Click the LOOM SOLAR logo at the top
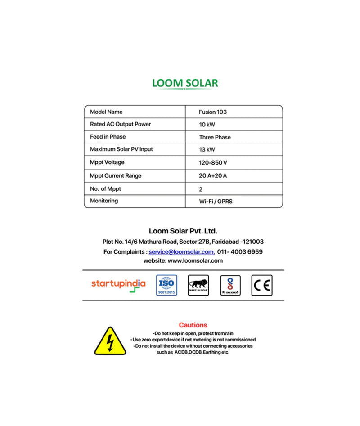tap(185, 83)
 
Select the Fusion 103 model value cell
tap(213, 112)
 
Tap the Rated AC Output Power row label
tap(120, 124)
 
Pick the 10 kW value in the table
tap(207, 125)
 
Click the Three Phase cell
tap(215, 137)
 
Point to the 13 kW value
tap(207, 149)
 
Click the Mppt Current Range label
tap(115, 175)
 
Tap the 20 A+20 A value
tap(213, 176)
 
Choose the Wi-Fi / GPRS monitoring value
tap(216, 202)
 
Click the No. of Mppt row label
tap(105, 189)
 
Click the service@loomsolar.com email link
tap(181, 252)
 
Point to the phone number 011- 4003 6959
tap(240, 252)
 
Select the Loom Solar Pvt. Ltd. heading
tap(183, 231)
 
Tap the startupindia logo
tap(118, 284)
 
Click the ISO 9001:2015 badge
tap(166, 285)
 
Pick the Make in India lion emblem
tap(198, 285)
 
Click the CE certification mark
tap(262, 285)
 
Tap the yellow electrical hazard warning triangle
tap(110, 341)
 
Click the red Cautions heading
tap(193, 325)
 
